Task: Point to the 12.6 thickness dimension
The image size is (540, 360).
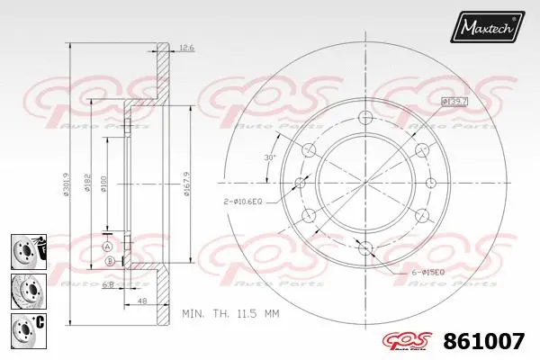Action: (187, 47)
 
